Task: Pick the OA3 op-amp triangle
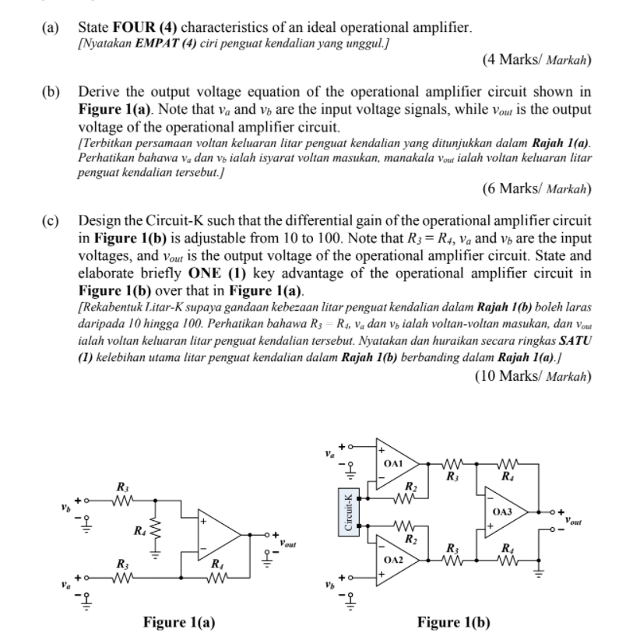tap(505, 511)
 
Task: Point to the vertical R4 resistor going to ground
tap(155, 533)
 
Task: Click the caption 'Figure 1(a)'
tap(179, 621)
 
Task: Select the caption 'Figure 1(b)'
tap(454, 621)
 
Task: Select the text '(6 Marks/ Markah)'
tap(536, 188)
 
